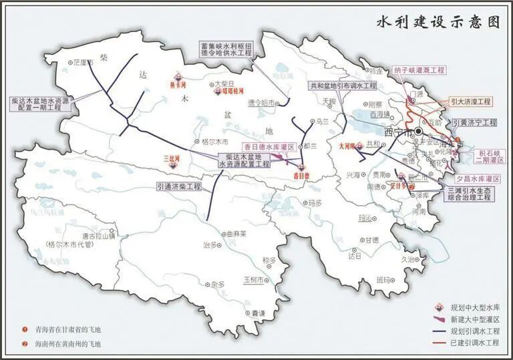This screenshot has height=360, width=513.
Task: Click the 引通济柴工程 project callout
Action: pos(179,186)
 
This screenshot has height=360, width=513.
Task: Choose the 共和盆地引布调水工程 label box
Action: pos(343,86)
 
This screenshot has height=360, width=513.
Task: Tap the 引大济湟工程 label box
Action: pos(470,102)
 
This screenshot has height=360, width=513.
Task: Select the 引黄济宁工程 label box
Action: pos(475,123)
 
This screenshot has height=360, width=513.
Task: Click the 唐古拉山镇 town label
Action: pos(99,235)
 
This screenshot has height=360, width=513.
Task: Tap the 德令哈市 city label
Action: pos(261,103)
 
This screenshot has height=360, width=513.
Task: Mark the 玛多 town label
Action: pos(314,203)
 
